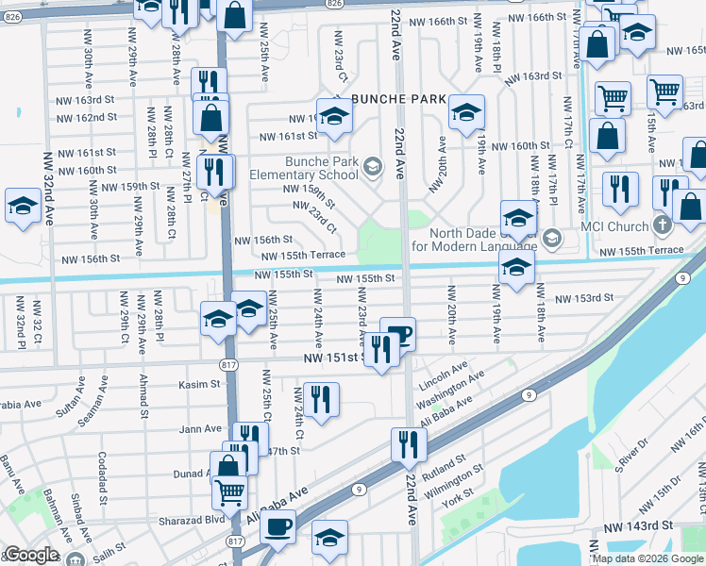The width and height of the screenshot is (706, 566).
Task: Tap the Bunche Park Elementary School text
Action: [303, 168]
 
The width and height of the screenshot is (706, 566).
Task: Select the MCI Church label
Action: [615, 226]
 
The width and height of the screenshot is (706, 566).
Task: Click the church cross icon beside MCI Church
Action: [663, 226]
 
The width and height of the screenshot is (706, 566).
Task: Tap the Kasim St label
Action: [198, 385]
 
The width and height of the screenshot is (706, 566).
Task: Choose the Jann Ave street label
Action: [200, 429]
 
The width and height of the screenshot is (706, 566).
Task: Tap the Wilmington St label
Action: [452, 479]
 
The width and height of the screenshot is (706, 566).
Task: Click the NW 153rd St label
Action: [583, 298]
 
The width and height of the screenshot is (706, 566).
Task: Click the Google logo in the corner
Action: [30, 556]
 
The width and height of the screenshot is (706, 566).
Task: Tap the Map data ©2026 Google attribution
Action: [647, 558]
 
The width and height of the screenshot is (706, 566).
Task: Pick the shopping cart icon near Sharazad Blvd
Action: [230, 491]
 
